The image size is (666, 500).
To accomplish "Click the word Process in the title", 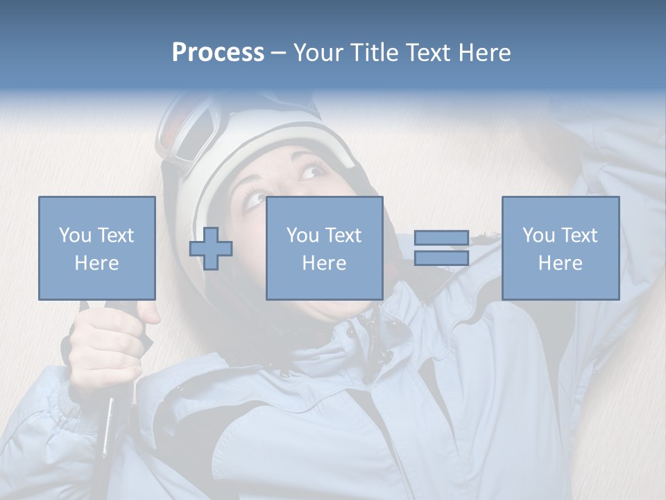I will pos(218,53).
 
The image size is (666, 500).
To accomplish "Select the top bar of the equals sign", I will pos(441,237).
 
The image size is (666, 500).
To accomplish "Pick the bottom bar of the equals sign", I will pos(441,258).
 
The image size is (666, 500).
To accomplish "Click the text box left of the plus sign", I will pos(96,248).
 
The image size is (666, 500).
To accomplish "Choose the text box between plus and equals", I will pos(324,248).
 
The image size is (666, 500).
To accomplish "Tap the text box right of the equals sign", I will pos(560,248).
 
